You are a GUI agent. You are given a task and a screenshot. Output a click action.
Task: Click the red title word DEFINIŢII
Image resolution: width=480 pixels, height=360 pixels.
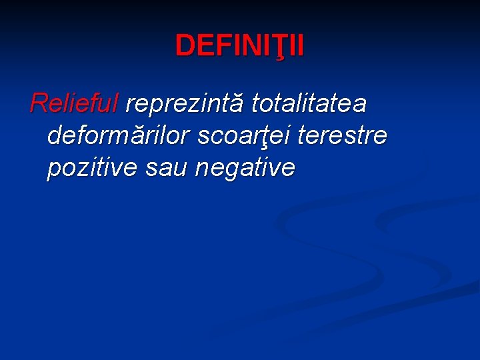(x=239, y=46)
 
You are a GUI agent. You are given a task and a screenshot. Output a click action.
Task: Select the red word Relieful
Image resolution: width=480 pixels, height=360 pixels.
(x=74, y=103)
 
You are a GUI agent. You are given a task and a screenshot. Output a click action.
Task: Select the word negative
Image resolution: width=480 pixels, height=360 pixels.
(x=245, y=168)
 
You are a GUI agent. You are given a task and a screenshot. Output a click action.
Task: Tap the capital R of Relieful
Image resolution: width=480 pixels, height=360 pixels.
(x=39, y=103)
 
